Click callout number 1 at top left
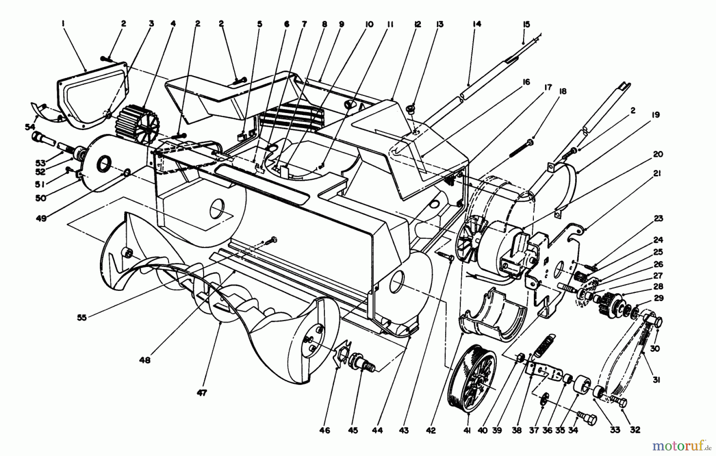point(63,24)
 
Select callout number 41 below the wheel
point(467,430)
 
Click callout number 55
point(82,318)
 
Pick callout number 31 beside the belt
point(656,380)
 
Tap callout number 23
point(658,218)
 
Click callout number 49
point(41,218)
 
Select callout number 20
point(658,154)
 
